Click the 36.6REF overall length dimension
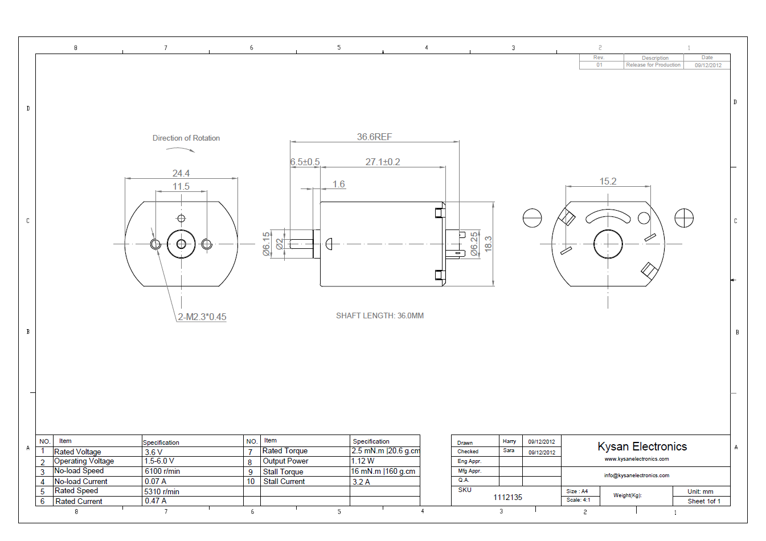(x=374, y=137)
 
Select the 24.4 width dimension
(x=181, y=173)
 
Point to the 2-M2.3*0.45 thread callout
(x=202, y=317)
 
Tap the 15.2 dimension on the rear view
(x=608, y=181)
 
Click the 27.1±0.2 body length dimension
(x=383, y=162)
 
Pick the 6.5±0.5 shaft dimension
(x=305, y=162)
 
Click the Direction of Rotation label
(x=186, y=138)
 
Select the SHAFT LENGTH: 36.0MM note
(x=379, y=315)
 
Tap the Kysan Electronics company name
(x=642, y=446)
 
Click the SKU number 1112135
(x=507, y=497)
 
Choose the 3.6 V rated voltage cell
(x=153, y=452)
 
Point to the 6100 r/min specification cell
(x=162, y=472)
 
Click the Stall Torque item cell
(x=283, y=472)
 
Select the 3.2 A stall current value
(x=361, y=482)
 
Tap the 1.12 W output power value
(x=363, y=461)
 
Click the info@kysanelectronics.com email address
(x=636, y=475)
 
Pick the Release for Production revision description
(x=653, y=65)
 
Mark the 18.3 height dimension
(x=488, y=244)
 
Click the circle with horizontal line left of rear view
(x=532, y=218)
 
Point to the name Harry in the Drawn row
(x=509, y=441)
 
